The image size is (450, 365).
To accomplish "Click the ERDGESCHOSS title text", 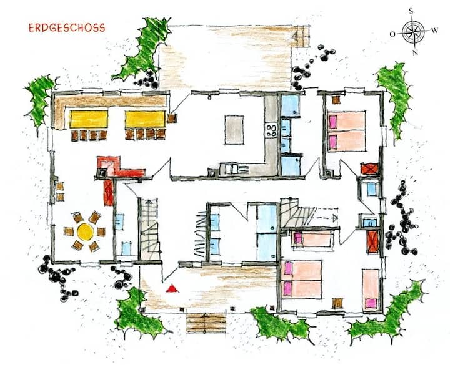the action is [x=67, y=28].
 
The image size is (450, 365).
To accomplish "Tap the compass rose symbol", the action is [x=413, y=32].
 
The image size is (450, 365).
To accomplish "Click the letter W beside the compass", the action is [x=435, y=30].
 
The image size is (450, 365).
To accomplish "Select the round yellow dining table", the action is [x=85, y=231].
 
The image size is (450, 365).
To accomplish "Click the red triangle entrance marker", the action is [x=172, y=288].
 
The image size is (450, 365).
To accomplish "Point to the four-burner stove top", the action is [x=271, y=130].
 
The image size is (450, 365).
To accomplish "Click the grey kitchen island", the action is [x=234, y=130].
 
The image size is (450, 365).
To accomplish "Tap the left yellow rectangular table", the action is [x=89, y=119].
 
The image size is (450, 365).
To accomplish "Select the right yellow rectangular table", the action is [x=145, y=119].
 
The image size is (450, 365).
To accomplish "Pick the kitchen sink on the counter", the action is [x=232, y=168].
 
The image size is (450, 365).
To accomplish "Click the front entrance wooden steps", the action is [x=206, y=323].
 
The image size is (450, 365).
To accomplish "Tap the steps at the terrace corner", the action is [x=301, y=36].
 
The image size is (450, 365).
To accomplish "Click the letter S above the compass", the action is [x=411, y=11].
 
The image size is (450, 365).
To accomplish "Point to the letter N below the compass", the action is [x=415, y=52].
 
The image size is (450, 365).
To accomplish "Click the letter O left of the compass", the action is [x=392, y=34].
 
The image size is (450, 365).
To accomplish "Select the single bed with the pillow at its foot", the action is [x=371, y=289].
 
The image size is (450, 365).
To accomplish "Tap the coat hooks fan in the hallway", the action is [x=201, y=233].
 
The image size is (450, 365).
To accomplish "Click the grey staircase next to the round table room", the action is [x=149, y=229].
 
